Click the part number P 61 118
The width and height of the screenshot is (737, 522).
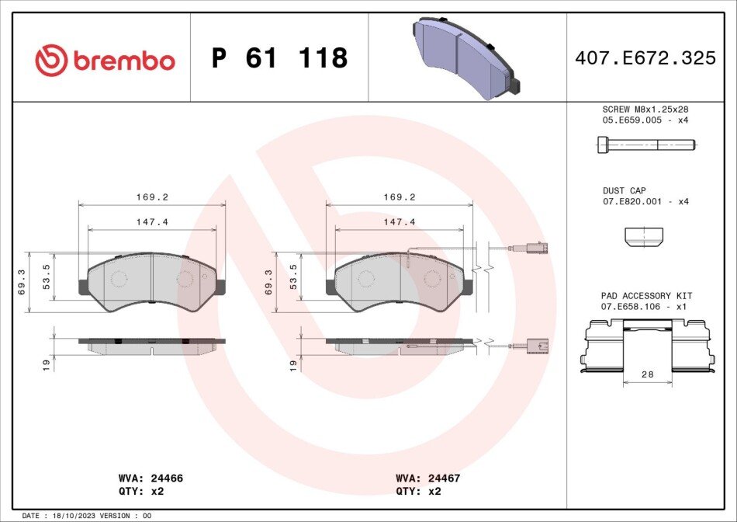(279, 58)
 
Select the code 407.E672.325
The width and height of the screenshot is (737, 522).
(645, 58)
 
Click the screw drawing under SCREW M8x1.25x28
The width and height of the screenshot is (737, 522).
(646, 144)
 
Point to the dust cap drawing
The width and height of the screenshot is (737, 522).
(644, 237)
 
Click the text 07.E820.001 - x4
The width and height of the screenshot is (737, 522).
(645, 201)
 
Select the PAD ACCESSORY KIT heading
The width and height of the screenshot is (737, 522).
(646, 296)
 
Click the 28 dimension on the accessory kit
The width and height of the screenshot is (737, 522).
(647, 374)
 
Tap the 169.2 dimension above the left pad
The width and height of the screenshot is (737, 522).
(152, 197)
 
